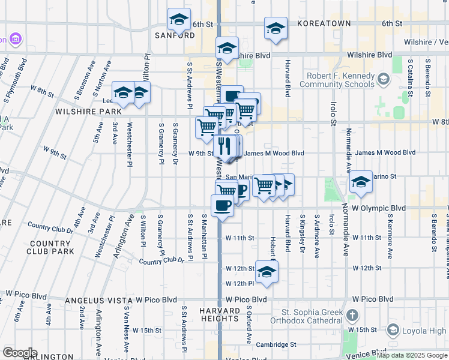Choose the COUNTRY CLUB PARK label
pos(49,247)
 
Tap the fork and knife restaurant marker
pos(225,146)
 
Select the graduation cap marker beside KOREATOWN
pos(276,28)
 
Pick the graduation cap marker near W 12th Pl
pos(267,272)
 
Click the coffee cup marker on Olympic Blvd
pos(222,205)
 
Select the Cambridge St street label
pos(276,344)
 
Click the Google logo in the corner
pos(20,353)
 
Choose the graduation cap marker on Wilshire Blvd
pos(227,47)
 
